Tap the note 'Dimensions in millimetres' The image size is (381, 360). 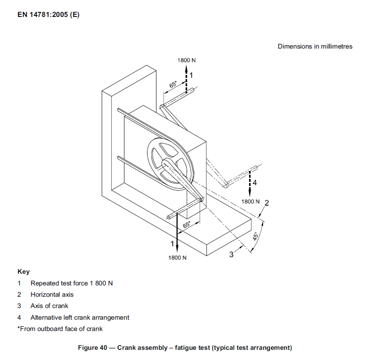point(315,46)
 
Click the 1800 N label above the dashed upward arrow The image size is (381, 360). point(187,60)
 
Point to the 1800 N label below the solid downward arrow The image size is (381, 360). point(177,258)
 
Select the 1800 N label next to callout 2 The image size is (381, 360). point(251,201)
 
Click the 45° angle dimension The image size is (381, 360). point(255,236)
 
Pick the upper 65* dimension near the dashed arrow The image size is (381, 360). point(173,84)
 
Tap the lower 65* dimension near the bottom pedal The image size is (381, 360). point(187,225)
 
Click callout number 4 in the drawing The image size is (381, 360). point(255,183)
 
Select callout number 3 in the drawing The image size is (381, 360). point(232,255)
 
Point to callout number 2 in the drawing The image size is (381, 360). point(266,203)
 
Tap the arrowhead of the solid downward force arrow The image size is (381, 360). point(177,249)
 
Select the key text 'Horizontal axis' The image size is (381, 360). point(52,294)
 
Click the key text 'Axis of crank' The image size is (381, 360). point(49,306)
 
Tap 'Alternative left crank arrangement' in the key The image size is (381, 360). point(80,317)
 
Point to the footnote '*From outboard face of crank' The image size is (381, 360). point(60,329)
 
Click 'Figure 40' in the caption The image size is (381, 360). point(93,348)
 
